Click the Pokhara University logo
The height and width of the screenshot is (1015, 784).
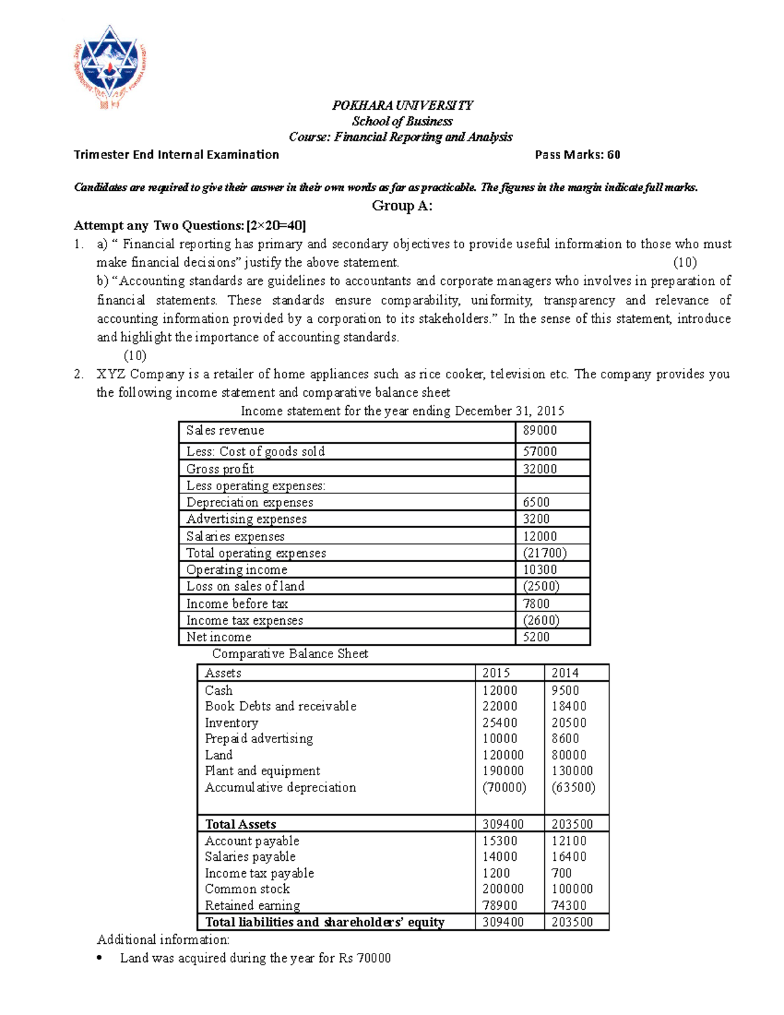[109, 65]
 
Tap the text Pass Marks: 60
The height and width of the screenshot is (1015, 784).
[577, 155]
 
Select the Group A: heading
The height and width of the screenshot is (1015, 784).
[402, 207]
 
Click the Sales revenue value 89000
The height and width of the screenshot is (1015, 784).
[540, 431]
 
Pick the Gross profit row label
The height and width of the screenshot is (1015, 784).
[220, 469]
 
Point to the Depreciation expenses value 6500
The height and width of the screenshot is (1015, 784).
[536, 502]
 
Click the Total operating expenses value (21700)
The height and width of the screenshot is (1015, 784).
[544, 553]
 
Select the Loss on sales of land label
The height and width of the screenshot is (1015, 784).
[245, 586]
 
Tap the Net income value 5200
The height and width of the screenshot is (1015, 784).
[536, 637]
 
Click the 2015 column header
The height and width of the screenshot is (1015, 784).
[496, 673]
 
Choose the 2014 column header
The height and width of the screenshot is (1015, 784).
[565, 673]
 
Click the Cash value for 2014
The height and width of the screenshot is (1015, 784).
[565, 690]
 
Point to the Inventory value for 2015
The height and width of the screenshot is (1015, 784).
[500, 723]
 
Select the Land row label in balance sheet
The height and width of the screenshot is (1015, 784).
[218, 755]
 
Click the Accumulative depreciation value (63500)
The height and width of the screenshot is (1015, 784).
[573, 788]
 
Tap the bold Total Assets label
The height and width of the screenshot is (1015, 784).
[240, 824]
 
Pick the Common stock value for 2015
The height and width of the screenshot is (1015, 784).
[503, 889]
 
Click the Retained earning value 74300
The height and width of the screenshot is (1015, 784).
[568, 905]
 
